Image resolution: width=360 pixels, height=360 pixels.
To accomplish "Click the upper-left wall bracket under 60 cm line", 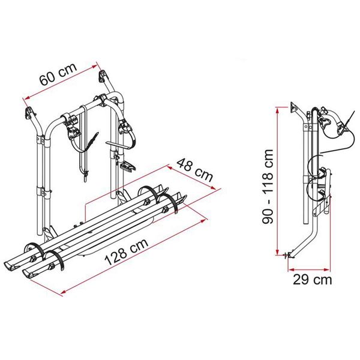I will pos(28,112).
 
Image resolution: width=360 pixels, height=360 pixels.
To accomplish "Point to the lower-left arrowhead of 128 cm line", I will pos(62,292).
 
